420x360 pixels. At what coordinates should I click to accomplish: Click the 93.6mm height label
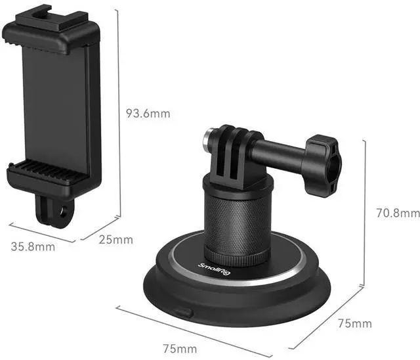pos(148,114)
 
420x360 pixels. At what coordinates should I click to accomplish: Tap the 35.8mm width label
pos(33,246)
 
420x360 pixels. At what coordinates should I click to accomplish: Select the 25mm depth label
pos(116,240)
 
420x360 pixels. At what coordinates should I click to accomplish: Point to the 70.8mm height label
pos(398,213)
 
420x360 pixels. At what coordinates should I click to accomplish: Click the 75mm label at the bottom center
pos(180,349)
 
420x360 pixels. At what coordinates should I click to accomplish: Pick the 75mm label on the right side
pos(355,324)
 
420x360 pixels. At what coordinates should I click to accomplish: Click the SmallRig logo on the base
pos(214,269)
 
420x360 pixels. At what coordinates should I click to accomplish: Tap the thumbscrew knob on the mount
pos(322,166)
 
